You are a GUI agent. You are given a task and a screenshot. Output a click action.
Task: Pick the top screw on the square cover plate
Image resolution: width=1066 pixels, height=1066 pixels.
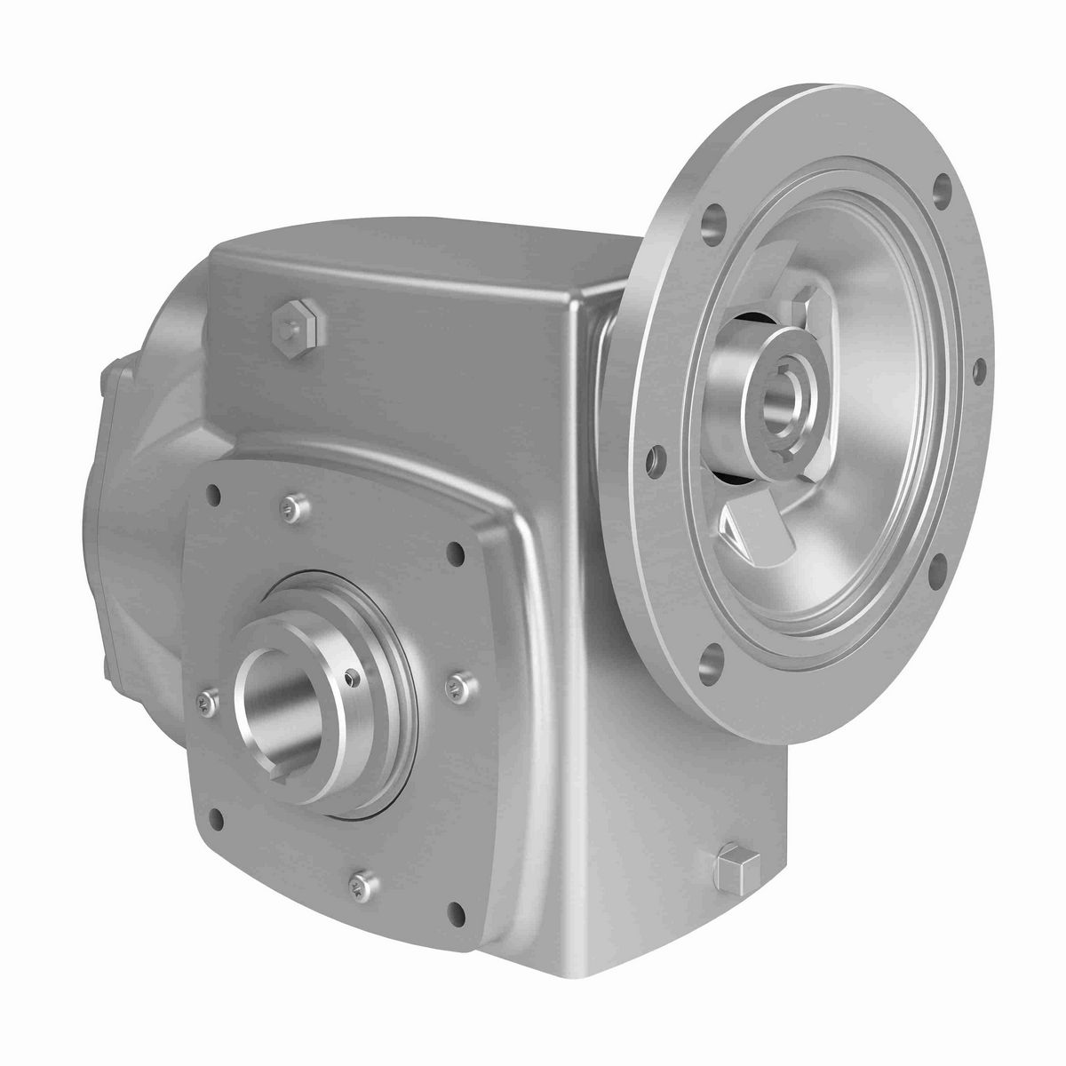click(x=290, y=507)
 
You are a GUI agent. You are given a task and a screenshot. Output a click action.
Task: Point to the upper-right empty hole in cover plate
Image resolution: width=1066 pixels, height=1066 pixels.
click(x=456, y=554)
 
